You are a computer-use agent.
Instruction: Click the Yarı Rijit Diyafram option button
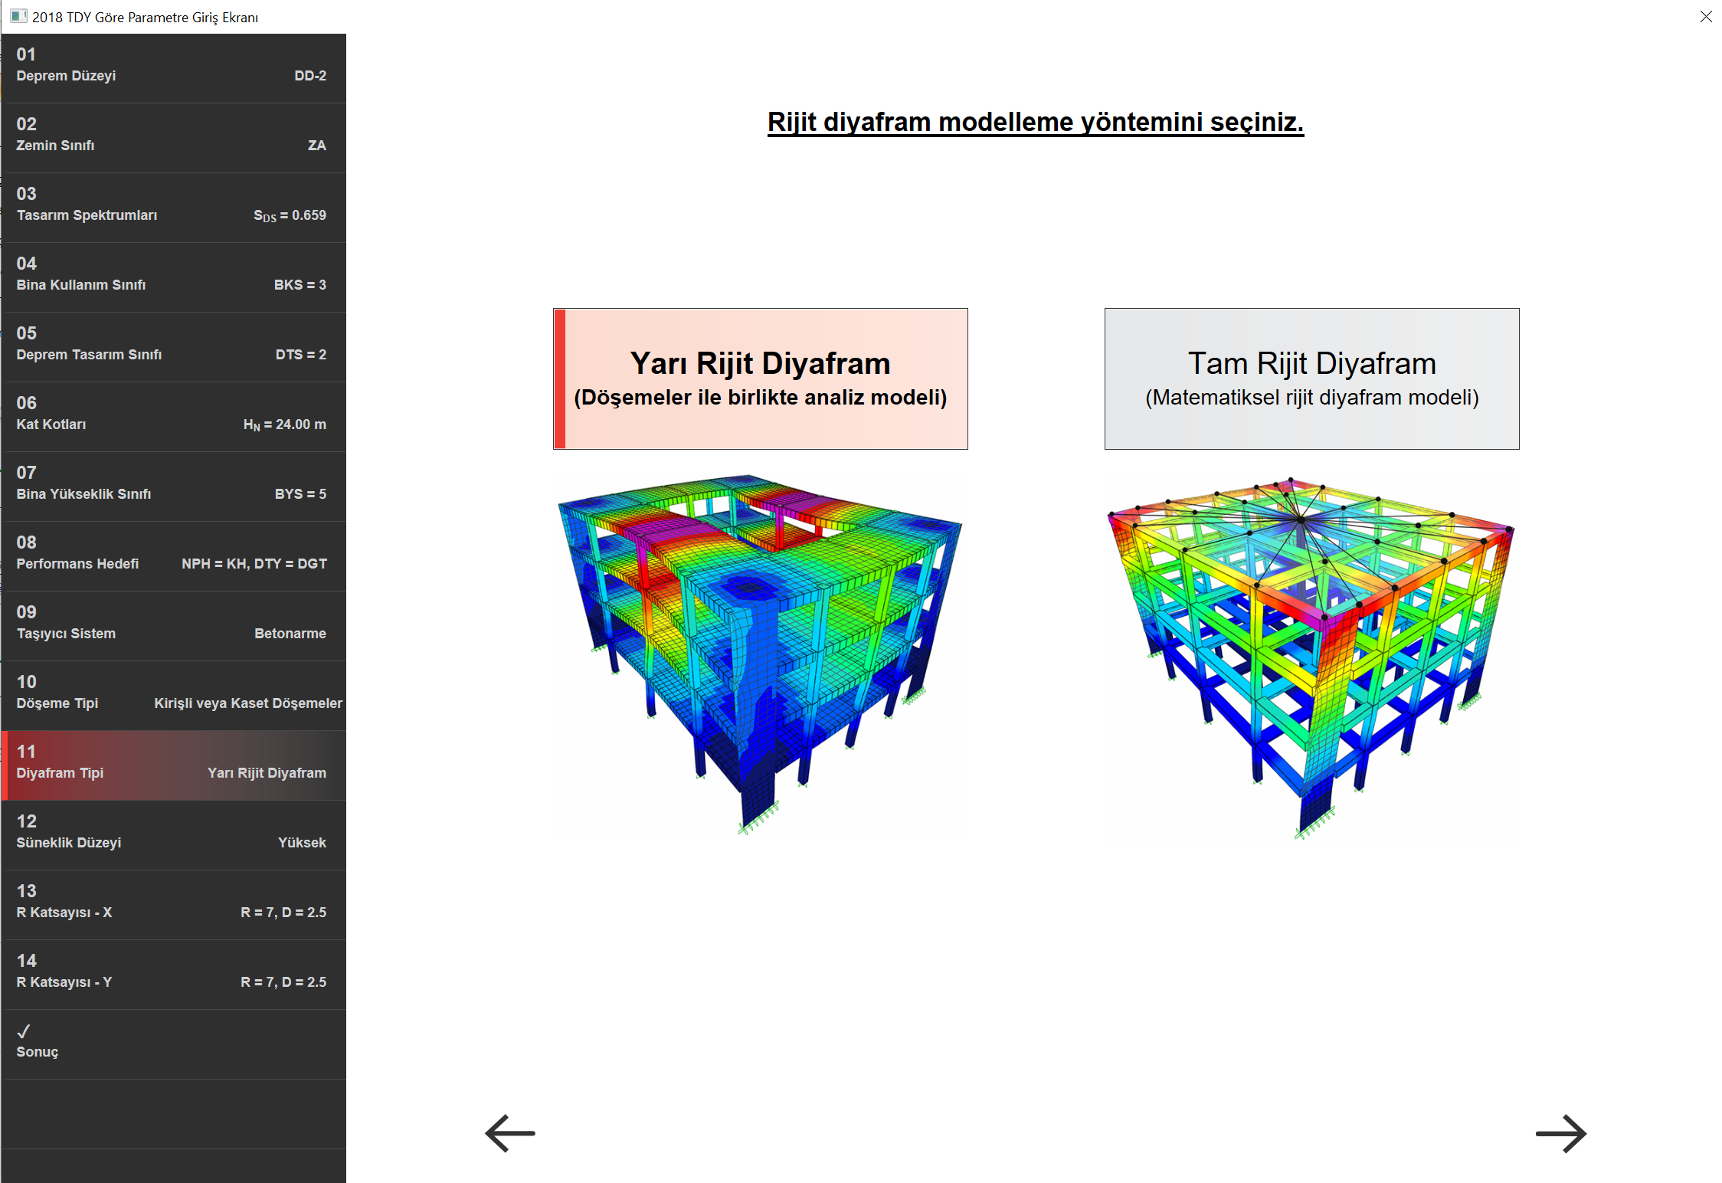tap(761, 378)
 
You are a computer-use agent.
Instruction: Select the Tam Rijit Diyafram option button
tap(1311, 378)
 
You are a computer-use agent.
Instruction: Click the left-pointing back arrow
tap(510, 1133)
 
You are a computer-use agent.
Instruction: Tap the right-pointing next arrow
tap(1561, 1133)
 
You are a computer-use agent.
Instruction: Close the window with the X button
tap(1706, 17)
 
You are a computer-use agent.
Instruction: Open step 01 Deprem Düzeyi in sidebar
tap(174, 68)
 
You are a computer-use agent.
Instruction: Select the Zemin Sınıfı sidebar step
tap(174, 138)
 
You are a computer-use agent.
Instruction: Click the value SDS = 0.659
tap(290, 215)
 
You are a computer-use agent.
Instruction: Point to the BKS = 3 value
tap(300, 285)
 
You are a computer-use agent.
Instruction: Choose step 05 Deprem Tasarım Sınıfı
tap(174, 347)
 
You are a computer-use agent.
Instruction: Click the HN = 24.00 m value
tap(285, 424)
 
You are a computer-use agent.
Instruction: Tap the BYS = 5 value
tap(300, 494)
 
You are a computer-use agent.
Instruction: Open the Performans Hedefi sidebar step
tap(174, 556)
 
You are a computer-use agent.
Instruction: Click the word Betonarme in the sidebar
tap(290, 634)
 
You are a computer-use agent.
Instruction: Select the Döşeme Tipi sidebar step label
tap(57, 703)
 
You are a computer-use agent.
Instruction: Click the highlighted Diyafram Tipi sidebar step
tap(174, 765)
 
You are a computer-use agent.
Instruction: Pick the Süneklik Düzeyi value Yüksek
tap(302, 843)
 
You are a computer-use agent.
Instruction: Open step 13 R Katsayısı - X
tap(174, 905)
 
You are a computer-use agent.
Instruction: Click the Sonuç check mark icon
tap(24, 1031)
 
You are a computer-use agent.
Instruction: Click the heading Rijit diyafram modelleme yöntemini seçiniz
tap(1036, 123)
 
